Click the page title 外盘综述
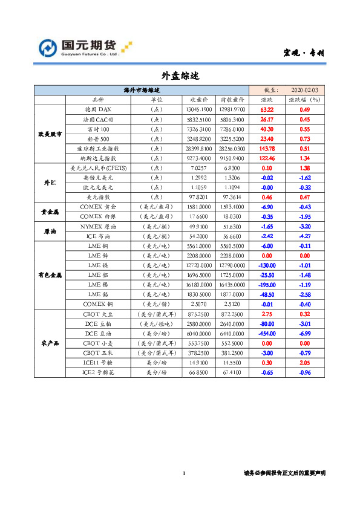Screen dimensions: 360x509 click(180, 76)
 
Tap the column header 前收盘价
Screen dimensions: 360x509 click(232, 100)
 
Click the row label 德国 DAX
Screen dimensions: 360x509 click(98, 109)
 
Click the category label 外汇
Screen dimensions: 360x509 click(50, 182)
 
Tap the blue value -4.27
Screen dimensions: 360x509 click(305, 236)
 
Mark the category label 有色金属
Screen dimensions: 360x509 click(50, 274)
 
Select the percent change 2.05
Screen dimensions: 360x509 click(305, 362)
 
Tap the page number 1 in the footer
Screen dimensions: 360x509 click(183, 473)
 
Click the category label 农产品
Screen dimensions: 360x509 click(50, 343)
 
